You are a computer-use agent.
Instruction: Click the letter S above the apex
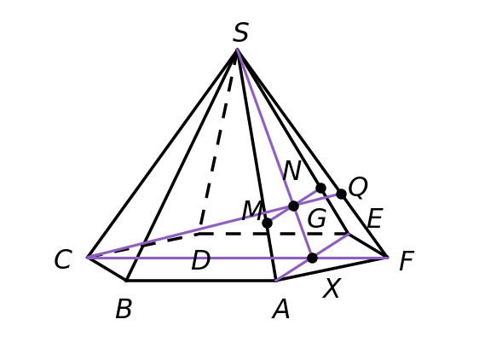click(240, 32)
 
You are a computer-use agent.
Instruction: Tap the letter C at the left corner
click(63, 259)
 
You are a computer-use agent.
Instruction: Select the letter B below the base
click(124, 309)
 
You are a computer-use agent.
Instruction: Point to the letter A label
click(280, 309)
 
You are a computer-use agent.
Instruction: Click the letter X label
click(332, 288)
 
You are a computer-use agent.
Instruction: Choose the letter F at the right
click(407, 261)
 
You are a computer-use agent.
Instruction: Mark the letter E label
click(374, 218)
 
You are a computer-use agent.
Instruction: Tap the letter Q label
click(358, 187)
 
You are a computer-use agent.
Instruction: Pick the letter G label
click(317, 218)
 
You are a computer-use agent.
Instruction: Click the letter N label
click(292, 171)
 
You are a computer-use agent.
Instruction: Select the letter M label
click(252, 211)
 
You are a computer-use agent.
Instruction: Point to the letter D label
click(200, 260)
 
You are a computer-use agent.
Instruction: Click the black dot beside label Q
click(341, 194)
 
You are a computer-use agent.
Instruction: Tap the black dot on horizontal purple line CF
click(312, 258)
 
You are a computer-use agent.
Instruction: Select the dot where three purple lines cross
click(293, 206)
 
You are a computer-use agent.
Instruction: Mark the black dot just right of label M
click(267, 223)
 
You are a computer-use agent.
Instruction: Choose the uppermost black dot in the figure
click(320, 188)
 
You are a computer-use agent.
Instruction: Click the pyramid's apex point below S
click(237, 49)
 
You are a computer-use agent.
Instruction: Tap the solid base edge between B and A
click(201, 280)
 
